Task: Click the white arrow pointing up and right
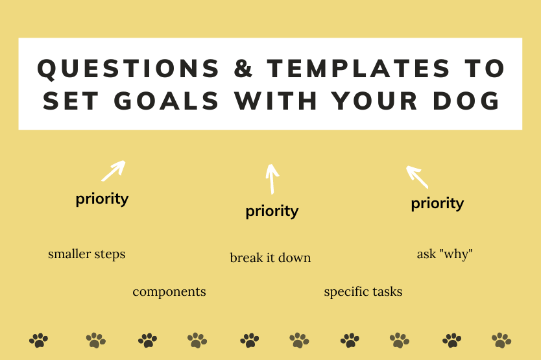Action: pos(113,171)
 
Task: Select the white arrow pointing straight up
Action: pos(272,178)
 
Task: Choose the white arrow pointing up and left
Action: pos(417,176)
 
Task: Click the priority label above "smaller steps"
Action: pos(102,198)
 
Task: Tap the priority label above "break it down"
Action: pos(272,211)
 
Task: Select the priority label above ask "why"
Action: pos(437,204)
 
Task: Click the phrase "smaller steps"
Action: pos(86,254)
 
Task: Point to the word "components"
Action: pos(169,292)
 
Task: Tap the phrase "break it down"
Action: pos(270,258)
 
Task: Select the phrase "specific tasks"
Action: pos(363,292)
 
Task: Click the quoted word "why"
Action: pos(456,254)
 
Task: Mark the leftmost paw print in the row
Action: pos(39,339)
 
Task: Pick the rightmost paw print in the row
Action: pos(501,339)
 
